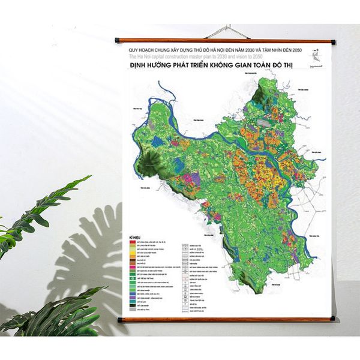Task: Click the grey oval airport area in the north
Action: coord(265,122)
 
